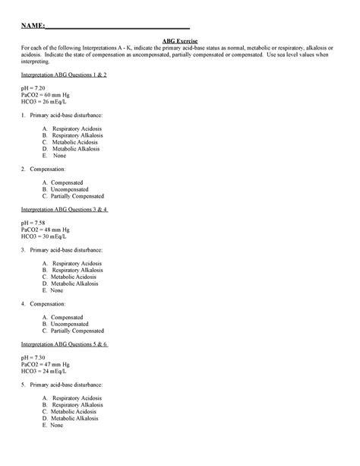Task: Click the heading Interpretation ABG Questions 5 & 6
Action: pos(64,344)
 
